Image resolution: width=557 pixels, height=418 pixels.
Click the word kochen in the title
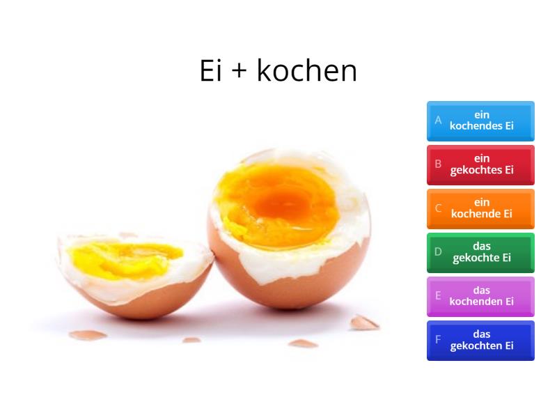click(x=307, y=70)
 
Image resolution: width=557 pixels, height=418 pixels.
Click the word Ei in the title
click(x=210, y=70)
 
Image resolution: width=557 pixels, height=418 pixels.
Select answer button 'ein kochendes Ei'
click(x=480, y=121)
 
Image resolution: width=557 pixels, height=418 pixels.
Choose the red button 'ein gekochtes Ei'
click(x=480, y=164)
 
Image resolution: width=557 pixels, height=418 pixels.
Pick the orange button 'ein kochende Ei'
click(x=480, y=208)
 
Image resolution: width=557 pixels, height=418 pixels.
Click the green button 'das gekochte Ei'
click(x=480, y=252)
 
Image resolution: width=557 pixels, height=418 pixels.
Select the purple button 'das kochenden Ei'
click(x=480, y=296)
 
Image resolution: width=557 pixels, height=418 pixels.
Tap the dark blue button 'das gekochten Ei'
click(x=480, y=340)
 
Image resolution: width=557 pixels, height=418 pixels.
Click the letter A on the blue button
click(x=439, y=120)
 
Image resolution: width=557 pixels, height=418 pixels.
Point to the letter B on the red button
click(x=439, y=164)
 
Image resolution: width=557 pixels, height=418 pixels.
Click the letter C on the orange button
click(x=439, y=208)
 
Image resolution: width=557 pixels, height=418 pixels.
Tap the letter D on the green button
click(x=439, y=251)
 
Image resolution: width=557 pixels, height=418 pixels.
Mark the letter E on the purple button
click(x=439, y=295)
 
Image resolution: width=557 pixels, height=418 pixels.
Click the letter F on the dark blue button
click(x=439, y=339)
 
